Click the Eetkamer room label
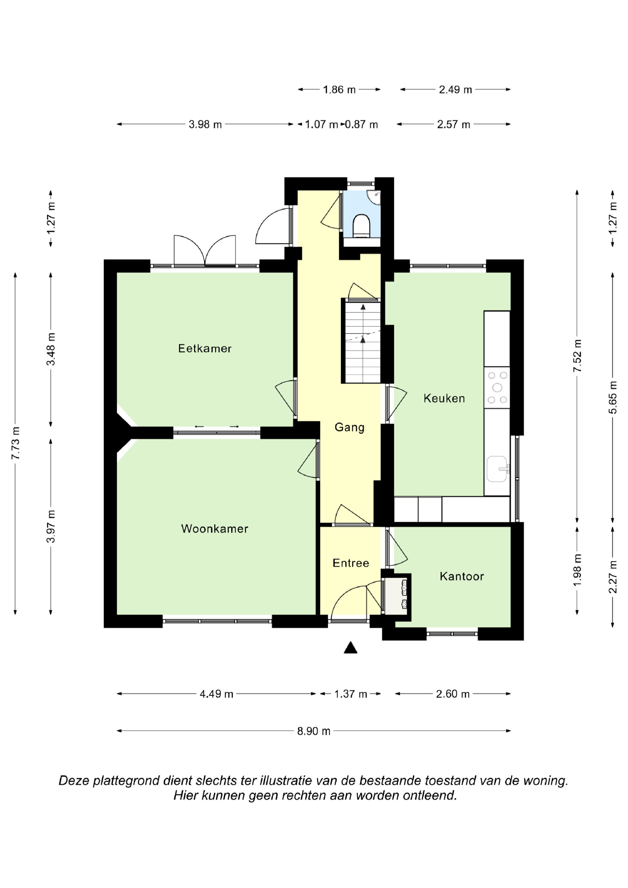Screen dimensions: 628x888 point(205,348)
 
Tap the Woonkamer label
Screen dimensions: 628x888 point(215,529)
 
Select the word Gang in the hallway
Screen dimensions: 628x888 point(349,428)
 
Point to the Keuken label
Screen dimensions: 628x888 point(444,398)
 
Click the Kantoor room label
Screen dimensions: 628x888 point(462,576)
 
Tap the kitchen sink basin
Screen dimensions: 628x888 point(497,469)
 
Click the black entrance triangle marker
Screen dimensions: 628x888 point(350,648)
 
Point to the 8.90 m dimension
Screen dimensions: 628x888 point(314,731)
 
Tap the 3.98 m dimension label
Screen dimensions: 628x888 point(205,125)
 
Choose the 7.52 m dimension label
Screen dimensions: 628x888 point(577,355)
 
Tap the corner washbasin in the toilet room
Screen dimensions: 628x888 point(374,197)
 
